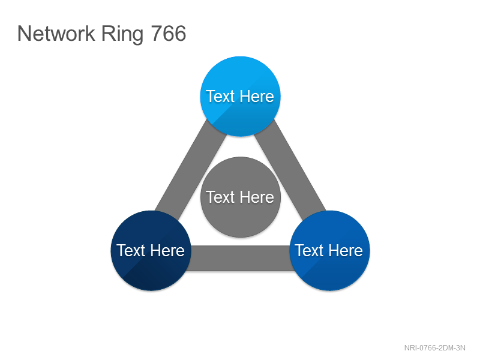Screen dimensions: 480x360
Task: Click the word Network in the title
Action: [56, 34]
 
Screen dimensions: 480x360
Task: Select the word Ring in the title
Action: [122, 35]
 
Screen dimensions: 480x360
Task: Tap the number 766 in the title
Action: [169, 34]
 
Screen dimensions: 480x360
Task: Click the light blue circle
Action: [241, 96]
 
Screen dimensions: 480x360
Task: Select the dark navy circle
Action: [151, 250]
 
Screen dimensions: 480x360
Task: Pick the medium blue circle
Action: [329, 250]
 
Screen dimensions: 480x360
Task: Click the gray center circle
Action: [241, 197]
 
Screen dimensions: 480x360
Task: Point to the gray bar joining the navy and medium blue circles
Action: [241, 258]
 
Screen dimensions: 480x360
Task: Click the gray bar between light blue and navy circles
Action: [190, 170]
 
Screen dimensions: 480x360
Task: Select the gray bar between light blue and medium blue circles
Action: [290, 170]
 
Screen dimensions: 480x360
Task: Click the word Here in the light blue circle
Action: [257, 97]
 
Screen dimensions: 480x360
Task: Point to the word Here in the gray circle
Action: [257, 197]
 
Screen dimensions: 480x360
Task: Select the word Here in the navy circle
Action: [167, 251]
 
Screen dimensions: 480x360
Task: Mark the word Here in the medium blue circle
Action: [346, 251]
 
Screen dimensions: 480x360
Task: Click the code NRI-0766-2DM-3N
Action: [434, 348]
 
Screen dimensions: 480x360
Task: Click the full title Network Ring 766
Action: [101, 34]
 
